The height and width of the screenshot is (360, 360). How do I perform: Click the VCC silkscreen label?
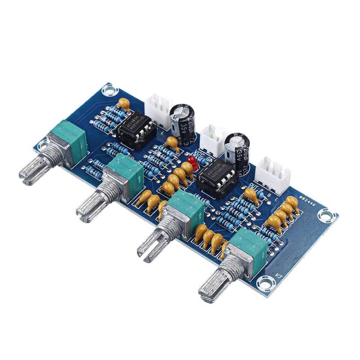(200, 156)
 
